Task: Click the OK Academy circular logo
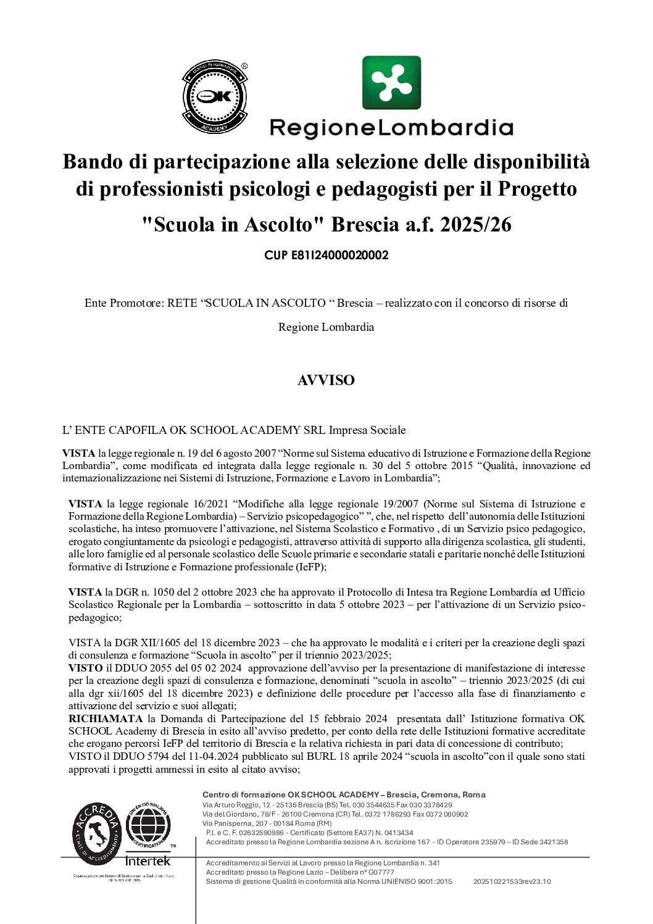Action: click(214, 97)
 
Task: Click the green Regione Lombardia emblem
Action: click(391, 83)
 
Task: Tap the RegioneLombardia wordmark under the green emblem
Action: click(391, 128)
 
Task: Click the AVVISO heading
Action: click(326, 380)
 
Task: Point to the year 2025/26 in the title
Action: click(475, 225)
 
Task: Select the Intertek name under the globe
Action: click(148, 860)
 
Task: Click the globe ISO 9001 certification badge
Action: click(148, 825)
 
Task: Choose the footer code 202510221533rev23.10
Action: click(512, 881)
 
